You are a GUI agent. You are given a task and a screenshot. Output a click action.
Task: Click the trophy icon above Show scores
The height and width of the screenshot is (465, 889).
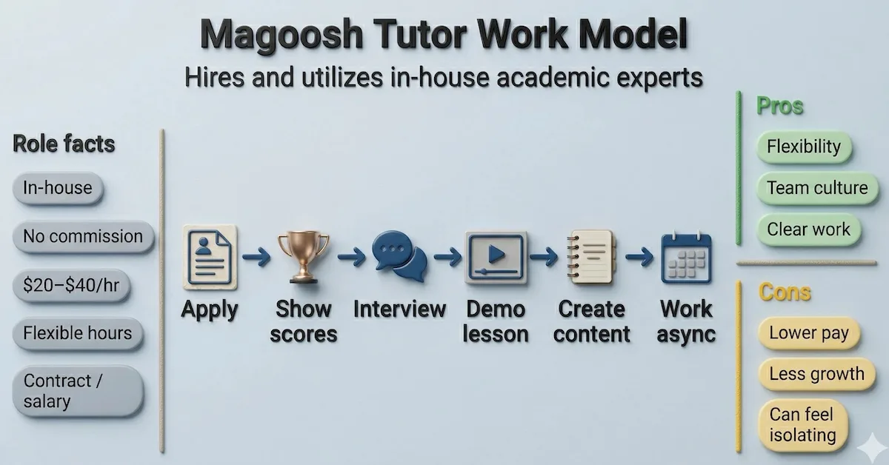point(303,256)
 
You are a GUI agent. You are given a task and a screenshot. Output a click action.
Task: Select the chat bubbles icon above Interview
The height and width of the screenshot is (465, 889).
point(399,256)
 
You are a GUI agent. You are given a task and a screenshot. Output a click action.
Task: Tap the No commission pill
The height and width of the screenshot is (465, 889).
point(82,237)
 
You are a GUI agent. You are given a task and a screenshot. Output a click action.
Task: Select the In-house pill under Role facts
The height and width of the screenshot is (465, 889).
point(58,188)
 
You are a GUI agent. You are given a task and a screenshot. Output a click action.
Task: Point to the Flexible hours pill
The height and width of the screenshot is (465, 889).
point(77,332)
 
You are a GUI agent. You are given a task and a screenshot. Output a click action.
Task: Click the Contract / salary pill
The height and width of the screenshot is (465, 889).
point(77,392)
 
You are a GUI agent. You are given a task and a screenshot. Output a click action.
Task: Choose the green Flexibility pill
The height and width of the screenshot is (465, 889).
point(804,147)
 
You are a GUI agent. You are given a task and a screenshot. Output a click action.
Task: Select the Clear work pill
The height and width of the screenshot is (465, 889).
point(808,230)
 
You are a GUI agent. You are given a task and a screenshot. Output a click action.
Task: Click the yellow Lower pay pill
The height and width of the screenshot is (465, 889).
point(808,333)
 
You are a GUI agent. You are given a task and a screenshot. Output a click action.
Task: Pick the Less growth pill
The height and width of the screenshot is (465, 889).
point(816,375)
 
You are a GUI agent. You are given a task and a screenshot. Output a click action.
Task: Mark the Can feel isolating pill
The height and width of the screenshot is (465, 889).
point(802,425)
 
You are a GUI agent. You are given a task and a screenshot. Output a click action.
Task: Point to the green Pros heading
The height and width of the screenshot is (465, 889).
point(780,106)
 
